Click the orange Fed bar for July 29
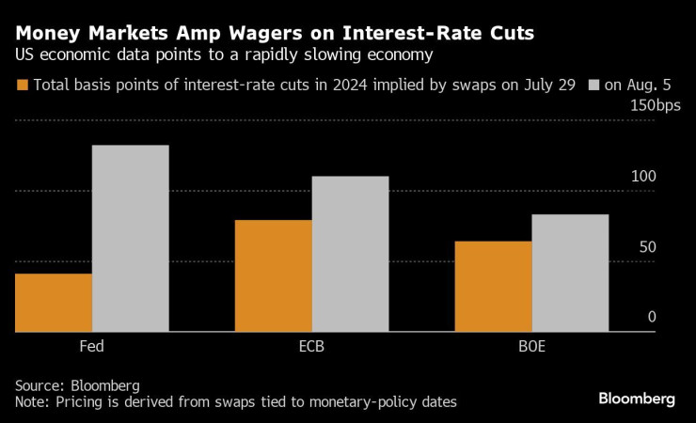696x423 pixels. tap(54, 303)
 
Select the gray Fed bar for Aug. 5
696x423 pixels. tap(131, 239)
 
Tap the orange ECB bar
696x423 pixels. tap(273, 275)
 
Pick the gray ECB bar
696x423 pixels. tap(350, 254)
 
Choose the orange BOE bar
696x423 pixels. tap(493, 287)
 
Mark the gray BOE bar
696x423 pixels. tap(570, 273)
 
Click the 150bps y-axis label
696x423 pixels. tap(651, 106)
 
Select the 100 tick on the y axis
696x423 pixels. tap(643, 177)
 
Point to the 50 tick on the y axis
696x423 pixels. tap(647, 247)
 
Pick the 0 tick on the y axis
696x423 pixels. tap(651, 318)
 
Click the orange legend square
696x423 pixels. tap(22, 85)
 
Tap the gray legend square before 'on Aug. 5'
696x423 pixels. tap(593, 85)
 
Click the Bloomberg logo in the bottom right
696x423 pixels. tap(637, 399)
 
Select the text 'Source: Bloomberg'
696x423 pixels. tap(77, 385)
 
